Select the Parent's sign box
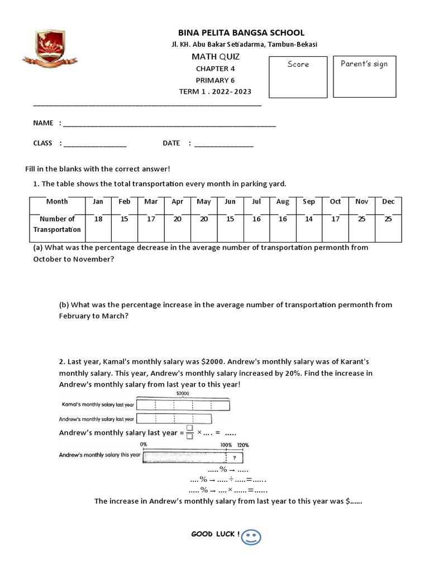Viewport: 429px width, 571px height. pyautogui.click(x=364, y=76)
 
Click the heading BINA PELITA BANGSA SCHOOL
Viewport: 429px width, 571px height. pyautogui.click(x=241, y=33)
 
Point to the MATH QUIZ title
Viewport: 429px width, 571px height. pyautogui.click(x=216, y=57)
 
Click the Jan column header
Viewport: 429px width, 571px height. pyautogui.click(x=98, y=201)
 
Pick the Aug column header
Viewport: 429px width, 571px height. pyautogui.click(x=283, y=201)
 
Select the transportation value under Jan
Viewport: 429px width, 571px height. pyautogui.click(x=98, y=219)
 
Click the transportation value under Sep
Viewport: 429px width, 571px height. pyautogui.click(x=309, y=219)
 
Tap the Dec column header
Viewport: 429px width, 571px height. pyautogui.click(x=388, y=201)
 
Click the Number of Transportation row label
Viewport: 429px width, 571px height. pyautogui.click(x=57, y=224)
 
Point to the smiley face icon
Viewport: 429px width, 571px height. pyautogui.click(x=251, y=537)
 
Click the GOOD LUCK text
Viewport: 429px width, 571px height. pyautogui.click(x=216, y=534)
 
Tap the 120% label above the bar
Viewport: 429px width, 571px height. pyautogui.click(x=243, y=445)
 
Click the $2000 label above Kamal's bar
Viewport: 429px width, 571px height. pyautogui.click(x=183, y=393)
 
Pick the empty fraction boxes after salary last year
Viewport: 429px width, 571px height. pyautogui.click(x=190, y=432)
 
